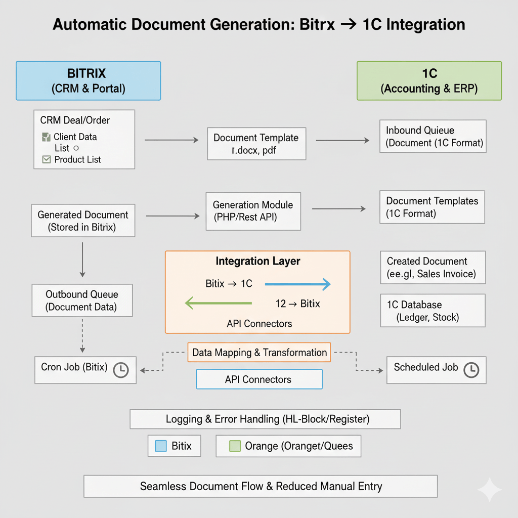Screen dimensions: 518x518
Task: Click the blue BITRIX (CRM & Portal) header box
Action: coord(89,80)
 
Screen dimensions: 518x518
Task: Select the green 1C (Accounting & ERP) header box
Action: coord(429,80)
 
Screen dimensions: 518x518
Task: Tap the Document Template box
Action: coord(256,143)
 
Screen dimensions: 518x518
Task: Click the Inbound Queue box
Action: coord(433,136)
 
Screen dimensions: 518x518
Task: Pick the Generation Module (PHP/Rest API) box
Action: coord(253,211)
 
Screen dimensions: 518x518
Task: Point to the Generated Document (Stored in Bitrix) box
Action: coord(83,221)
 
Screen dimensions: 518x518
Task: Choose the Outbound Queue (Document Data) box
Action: coord(82,300)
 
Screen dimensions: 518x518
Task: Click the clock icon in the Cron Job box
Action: coord(121,370)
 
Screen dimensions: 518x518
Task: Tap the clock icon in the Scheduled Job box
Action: coord(471,369)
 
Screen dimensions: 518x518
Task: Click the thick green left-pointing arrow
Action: coord(218,303)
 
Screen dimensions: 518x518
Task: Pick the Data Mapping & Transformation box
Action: coord(259,353)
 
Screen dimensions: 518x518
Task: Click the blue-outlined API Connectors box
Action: coord(259,379)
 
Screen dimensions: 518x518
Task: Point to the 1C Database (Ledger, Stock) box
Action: coord(433,311)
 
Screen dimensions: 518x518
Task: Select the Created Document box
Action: coord(433,268)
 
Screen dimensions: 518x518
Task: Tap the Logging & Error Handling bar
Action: coord(265,419)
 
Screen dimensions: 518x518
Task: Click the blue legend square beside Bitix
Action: coord(160,446)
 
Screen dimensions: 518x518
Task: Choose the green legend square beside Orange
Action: coord(234,446)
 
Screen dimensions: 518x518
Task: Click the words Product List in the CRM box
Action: coord(77,159)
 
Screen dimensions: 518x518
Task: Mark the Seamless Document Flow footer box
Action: coord(260,486)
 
